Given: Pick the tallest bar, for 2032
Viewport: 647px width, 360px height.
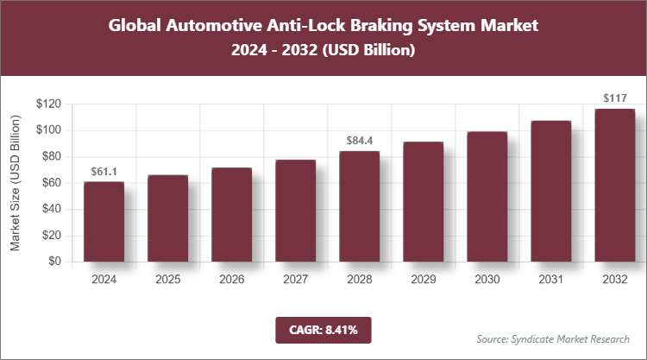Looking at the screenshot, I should pos(614,185).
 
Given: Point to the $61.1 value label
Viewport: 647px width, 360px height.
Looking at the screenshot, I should pos(104,173).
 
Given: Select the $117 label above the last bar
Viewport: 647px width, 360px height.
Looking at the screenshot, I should pos(614,99).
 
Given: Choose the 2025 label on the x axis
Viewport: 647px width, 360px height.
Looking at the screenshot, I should pos(167,280).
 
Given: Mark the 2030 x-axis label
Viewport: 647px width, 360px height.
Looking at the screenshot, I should pos(487,280).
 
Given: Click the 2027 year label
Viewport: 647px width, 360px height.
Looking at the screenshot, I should pos(295,280).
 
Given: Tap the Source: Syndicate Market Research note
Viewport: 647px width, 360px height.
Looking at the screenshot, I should pos(553,338).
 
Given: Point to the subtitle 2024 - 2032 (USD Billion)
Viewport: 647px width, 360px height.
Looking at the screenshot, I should pos(323,51).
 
